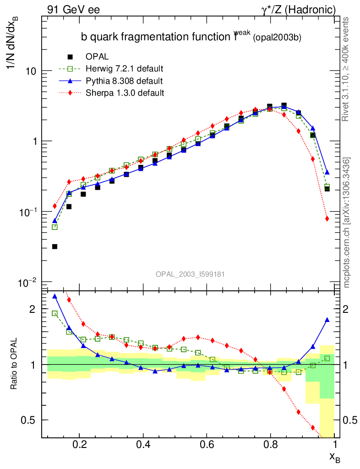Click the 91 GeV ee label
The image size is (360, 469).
pos(73,9)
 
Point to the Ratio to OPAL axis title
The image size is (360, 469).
pos(14,364)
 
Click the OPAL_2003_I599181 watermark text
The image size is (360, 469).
pos(190,274)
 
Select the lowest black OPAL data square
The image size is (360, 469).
pos(55,246)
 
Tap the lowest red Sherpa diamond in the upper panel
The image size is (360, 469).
pos(327,218)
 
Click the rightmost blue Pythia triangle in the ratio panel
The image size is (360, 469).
pos(327,320)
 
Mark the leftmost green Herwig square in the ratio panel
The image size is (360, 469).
pos(55,313)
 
